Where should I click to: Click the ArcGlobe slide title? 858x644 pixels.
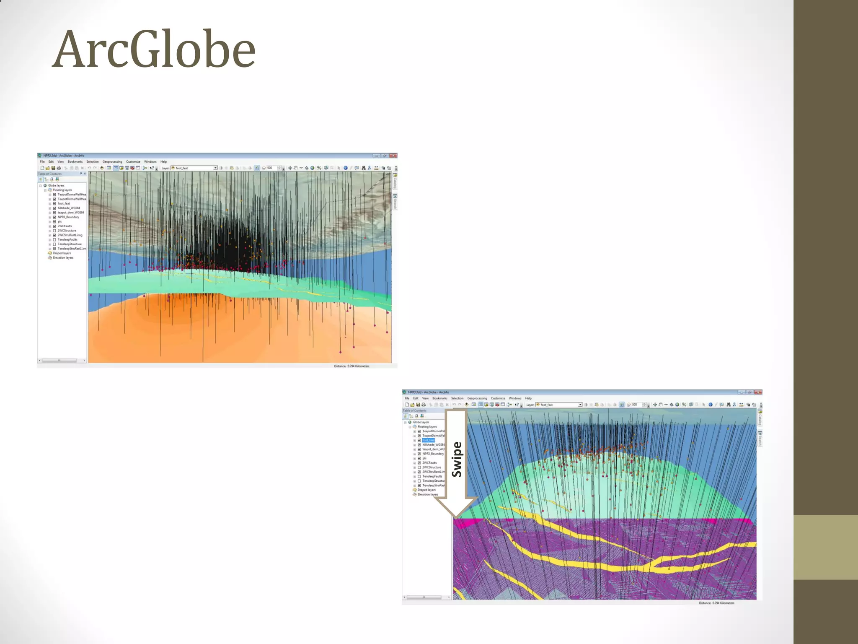[154, 49]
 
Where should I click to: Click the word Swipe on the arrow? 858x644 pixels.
[457, 460]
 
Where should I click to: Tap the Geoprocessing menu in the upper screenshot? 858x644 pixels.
[112, 161]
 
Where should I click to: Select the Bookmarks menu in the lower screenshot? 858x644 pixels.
[440, 398]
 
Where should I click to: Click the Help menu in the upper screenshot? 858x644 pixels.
[163, 161]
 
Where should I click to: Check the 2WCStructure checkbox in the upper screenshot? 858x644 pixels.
[54, 231]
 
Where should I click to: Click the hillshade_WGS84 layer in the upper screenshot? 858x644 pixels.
[69, 208]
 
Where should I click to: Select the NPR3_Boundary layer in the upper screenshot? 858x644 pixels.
[68, 217]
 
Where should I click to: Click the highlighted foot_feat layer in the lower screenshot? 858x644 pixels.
[428, 440]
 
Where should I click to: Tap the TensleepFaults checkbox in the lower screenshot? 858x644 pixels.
[419, 476]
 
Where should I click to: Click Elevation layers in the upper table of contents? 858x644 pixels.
[63, 258]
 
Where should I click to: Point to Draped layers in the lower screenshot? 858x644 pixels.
[426, 490]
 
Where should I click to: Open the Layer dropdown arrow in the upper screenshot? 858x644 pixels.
[215, 168]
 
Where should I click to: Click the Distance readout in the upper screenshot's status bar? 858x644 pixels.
[351, 366]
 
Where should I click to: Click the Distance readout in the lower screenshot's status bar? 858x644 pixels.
[716, 603]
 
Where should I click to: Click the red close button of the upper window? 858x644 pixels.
[393, 156]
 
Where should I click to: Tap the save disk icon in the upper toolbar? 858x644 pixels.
[53, 168]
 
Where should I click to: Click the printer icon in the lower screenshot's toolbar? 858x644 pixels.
[423, 405]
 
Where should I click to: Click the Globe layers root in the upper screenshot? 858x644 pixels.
[56, 185]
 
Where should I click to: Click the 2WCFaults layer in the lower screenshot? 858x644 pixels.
[429, 463]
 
